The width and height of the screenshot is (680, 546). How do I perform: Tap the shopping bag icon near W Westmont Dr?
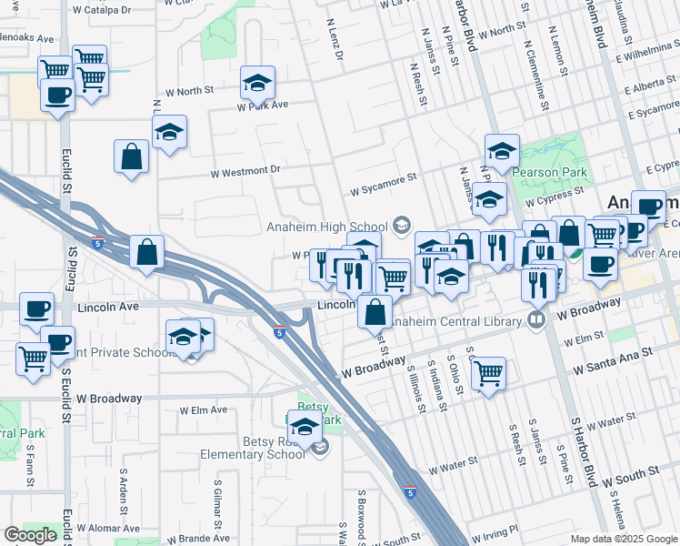pos(132,157)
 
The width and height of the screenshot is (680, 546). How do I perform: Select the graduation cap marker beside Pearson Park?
pos(502,151)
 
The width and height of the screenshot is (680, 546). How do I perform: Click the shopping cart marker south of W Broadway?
pos(489,372)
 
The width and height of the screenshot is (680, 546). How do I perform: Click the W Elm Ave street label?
pos(204,410)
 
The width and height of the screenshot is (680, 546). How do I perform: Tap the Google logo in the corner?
pos(30,534)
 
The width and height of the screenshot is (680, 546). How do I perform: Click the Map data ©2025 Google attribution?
pos(623,539)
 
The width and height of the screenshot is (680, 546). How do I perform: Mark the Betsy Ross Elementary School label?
pos(264,448)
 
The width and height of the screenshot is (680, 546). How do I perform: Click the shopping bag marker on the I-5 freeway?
pos(146,253)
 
